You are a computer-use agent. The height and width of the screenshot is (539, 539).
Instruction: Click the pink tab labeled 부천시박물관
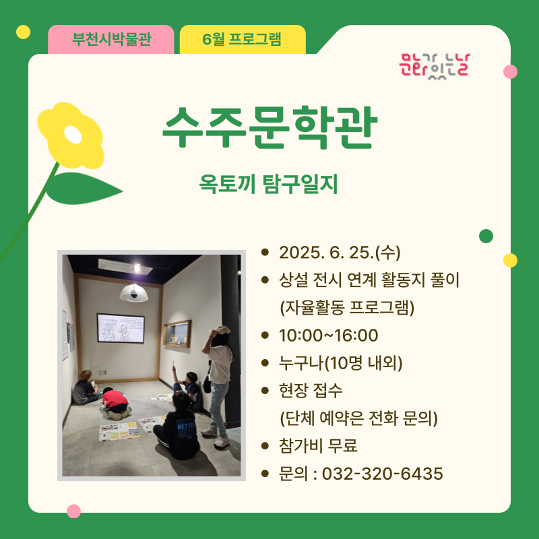[110, 39]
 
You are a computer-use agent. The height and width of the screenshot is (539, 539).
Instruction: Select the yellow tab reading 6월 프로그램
[243, 39]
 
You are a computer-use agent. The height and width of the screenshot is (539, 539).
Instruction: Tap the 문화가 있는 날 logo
[435, 66]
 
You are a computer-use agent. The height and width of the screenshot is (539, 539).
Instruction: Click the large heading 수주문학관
[269, 127]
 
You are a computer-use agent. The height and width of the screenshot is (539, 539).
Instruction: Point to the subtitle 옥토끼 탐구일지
[268, 184]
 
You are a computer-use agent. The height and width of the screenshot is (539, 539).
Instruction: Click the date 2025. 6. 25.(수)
[340, 253]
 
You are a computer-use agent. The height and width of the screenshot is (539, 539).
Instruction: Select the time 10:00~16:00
[328, 335]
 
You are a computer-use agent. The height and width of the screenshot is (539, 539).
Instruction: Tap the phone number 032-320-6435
[382, 474]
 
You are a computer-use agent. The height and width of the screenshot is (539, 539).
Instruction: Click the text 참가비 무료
[318, 446]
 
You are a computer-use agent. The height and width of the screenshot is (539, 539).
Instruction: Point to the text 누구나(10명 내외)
[340, 362]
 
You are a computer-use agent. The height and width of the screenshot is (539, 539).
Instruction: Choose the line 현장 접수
[311, 391]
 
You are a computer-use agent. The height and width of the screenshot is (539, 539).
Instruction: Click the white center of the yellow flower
[73, 135]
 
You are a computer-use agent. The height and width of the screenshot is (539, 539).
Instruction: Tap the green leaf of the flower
[84, 189]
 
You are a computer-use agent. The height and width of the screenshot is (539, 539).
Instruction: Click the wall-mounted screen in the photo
[121, 328]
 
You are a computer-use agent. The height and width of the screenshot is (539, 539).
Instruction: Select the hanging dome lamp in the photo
[133, 293]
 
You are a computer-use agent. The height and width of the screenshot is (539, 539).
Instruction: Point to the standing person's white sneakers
[216, 437]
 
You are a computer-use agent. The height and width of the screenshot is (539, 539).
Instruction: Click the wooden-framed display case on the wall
[177, 334]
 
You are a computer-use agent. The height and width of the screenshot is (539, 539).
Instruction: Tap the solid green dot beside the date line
[486, 236]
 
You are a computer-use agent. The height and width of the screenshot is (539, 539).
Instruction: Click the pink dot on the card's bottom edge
[73, 511]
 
